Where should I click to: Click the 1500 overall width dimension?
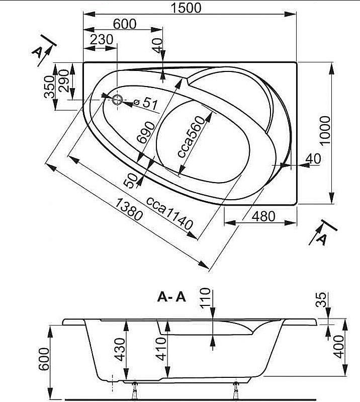[187, 9]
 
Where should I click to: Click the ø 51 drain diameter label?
[146, 103]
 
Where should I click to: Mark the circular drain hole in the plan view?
[117, 100]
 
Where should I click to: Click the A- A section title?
[171, 297]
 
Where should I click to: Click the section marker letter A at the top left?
[38, 53]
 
